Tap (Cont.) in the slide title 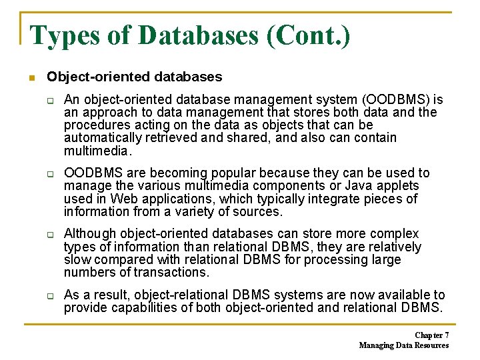pyautogui.click(x=308, y=35)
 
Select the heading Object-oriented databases pyautogui.click(x=135, y=77)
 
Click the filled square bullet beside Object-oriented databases pyautogui.click(x=31, y=78)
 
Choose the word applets pyautogui.click(x=399, y=186)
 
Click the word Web pyautogui.click(x=124, y=199)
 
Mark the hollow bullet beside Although pyautogui.click(x=50, y=235)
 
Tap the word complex pyautogui.click(x=396, y=234)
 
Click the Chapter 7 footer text pyautogui.click(x=431, y=335)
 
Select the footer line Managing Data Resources pyautogui.click(x=403, y=345)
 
